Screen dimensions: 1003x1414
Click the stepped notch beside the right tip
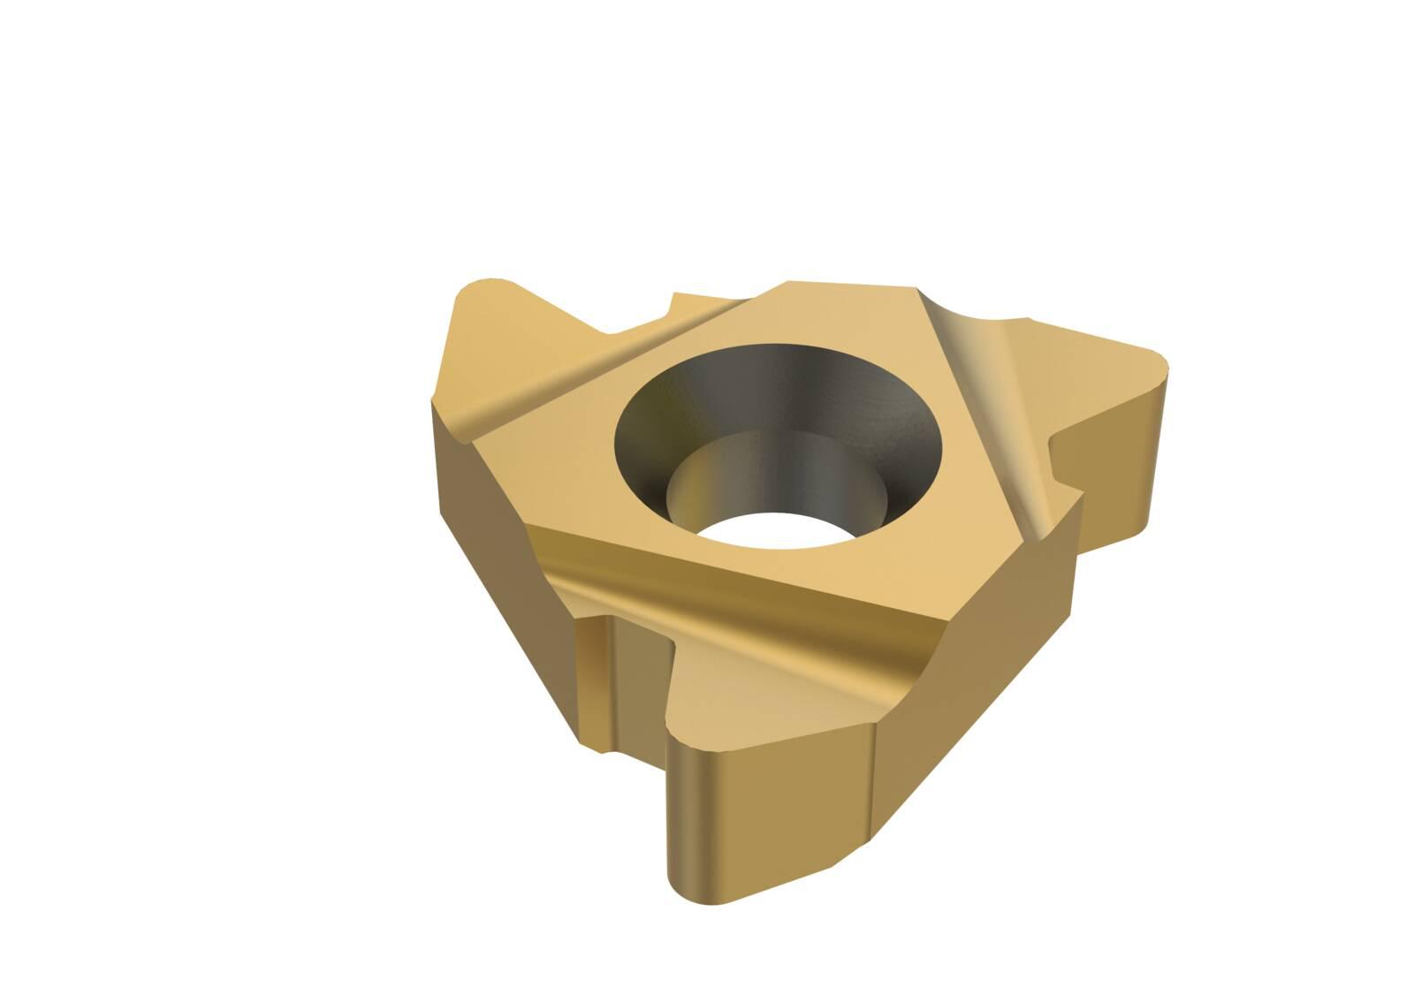[x=1065, y=460]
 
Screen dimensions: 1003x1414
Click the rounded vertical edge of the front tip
[x=689, y=813]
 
